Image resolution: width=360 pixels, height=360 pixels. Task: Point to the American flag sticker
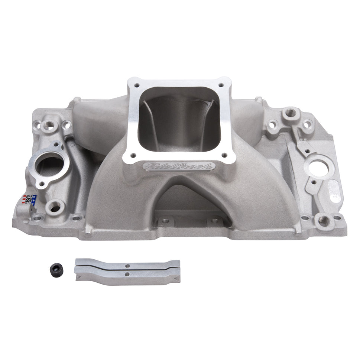(x=30, y=200)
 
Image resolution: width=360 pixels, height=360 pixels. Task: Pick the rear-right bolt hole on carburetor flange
(x=221, y=85)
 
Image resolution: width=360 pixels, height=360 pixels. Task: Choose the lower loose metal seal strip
(x=127, y=275)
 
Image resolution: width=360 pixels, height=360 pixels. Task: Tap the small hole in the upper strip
(x=127, y=266)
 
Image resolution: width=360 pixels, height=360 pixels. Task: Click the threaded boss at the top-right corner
(x=290, y=112)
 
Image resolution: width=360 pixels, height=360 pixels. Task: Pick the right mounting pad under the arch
(x=215, y=220)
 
